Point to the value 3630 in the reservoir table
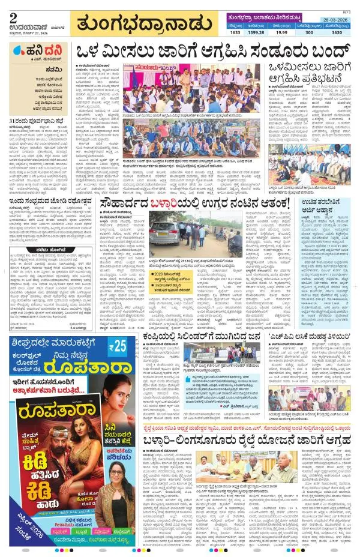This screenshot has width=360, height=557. [337, 34]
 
